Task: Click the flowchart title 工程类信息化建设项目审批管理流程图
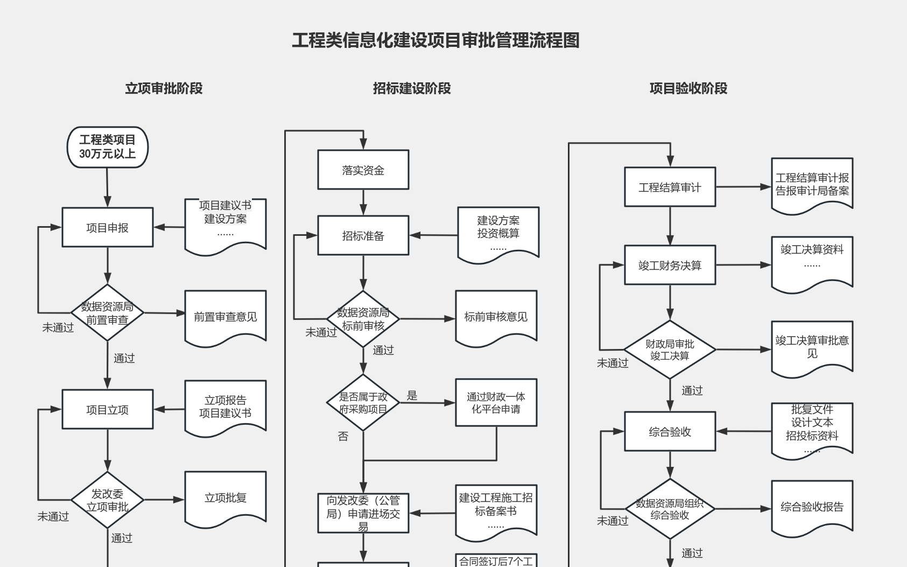(435, 40)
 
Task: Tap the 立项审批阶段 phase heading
(164, 88)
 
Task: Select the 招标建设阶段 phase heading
(412, 88)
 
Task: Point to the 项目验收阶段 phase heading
(688, 88)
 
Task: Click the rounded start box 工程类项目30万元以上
(108, 147)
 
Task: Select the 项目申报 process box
(108, 227)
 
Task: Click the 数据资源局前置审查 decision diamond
(108, 313)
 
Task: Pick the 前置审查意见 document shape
(226, 317)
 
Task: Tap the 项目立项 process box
(108, 409)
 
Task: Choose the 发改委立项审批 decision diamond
(108, 500)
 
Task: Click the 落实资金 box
(363, 170)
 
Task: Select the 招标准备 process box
(363, 235)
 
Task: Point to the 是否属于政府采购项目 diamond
(363, 403)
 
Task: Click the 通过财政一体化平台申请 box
(496, 403)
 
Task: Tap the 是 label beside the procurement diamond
(412, 396)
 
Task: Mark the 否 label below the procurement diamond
(343, 437)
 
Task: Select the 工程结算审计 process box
(670, 187)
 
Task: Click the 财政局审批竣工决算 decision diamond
(670, 349)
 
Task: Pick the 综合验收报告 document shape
(812, 507)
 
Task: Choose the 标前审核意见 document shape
(496, 317)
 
